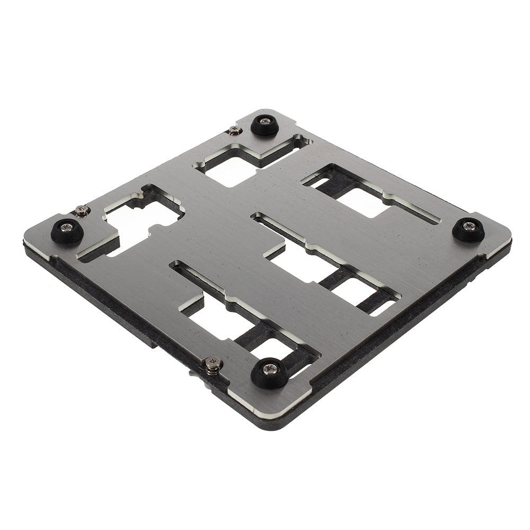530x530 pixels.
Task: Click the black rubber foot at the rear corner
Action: (264, 125)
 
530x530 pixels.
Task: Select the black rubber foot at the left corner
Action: (67, 231)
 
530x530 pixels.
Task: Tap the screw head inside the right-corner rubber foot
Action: (469, 226)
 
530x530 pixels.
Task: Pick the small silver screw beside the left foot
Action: (81, 210)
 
